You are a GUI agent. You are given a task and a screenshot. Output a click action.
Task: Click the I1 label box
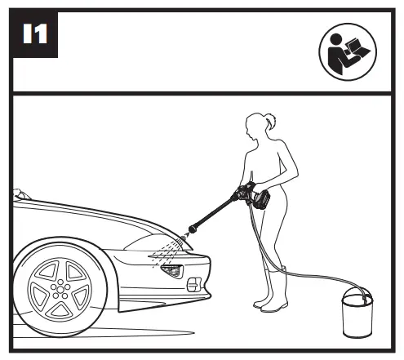coord(35,33)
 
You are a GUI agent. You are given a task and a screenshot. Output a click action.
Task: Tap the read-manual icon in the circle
coord(348,52)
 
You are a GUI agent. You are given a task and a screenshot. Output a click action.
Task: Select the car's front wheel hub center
coord(60,290)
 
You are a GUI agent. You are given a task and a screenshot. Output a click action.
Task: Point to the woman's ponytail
coord(270,121)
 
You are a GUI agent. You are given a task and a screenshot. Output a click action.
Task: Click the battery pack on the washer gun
coord(262,200)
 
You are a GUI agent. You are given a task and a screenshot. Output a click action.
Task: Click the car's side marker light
coord(172,271)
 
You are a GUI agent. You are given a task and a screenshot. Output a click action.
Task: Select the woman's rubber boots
coord(272,291)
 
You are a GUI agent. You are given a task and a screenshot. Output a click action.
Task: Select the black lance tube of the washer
coord(211,215)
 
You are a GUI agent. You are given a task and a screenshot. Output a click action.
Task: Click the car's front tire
coord(60,290)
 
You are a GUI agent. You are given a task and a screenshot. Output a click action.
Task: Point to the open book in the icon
coord(356,48)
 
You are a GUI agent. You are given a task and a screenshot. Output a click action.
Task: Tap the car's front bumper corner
coord(207,296)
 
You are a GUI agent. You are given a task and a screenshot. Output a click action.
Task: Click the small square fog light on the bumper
coord(194,285)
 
